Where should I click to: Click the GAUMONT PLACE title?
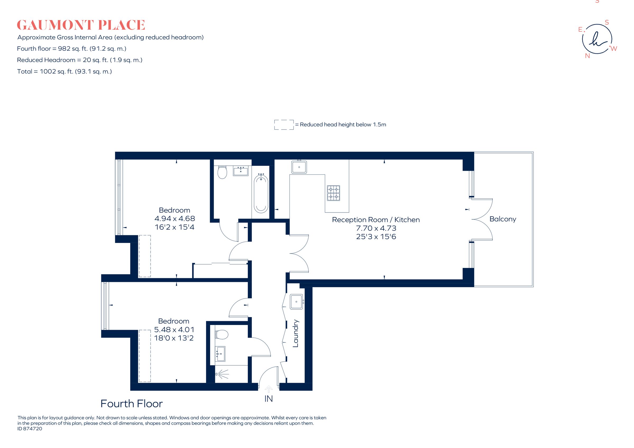click(81, 25)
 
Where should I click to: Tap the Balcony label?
click(502, 219)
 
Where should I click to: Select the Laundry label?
click(295, 333)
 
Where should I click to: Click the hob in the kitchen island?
click(334, 193)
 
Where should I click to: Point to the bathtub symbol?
click(261, 193)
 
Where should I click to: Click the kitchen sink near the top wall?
click(299, 167)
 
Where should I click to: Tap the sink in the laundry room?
click(297, 301)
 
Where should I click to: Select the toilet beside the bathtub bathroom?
click(222, 172)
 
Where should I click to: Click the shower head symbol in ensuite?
click(221, 374)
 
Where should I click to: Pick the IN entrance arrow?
click(268, 389)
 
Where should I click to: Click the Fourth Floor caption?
click(132, 404)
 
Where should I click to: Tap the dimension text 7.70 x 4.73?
click(376, 228)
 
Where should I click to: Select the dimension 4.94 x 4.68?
click(175, 219)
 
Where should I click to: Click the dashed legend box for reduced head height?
click(284, 125)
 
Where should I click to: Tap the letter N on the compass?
click(587, 56)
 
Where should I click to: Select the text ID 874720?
click(30, 429)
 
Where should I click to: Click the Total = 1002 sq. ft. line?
click(64, 72)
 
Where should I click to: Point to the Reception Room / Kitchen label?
click(376, 220)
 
